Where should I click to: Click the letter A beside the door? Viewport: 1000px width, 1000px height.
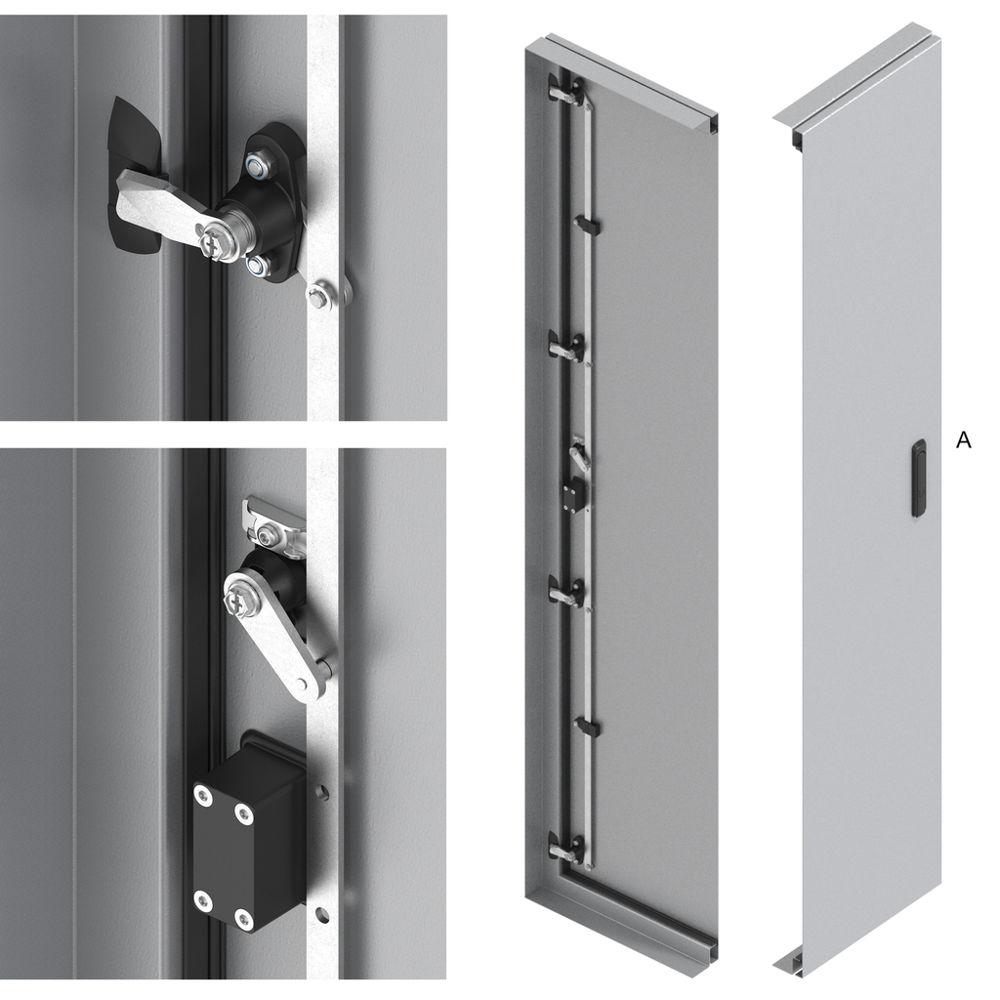pos(963,440)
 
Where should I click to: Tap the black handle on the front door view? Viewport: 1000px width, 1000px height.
pos(918,478)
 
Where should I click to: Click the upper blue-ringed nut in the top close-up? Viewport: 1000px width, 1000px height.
pos(258,166)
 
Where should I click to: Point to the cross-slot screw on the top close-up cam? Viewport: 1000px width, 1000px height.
pos(211,244)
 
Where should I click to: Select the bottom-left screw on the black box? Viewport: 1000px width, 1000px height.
pos(203,900)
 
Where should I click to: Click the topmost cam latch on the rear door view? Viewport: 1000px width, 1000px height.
pos(567,90)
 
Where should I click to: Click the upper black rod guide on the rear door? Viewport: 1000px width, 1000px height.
pos(587,224)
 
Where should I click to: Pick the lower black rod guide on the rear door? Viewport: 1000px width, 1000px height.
pos(587,726)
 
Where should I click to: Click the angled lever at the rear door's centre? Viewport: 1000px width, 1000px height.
pos(579,454)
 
